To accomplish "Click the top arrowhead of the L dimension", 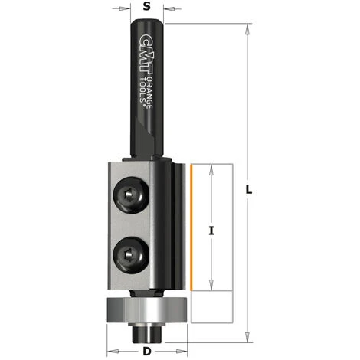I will [x=247, y=28].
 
